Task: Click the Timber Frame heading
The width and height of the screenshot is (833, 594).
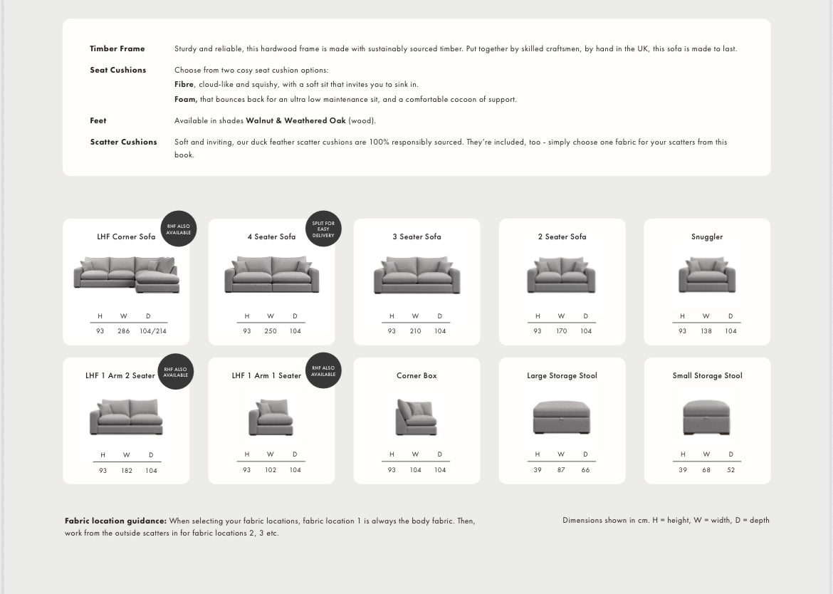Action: coord(117,49)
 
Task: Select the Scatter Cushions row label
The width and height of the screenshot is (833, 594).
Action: coord(123,142)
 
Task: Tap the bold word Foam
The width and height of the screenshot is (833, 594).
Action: coord(185,100)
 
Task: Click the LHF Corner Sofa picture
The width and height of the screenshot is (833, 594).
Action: coord(126,274)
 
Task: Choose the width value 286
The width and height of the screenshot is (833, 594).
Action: coord(123,331)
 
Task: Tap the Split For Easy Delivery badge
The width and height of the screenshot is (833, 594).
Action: coord(323,229)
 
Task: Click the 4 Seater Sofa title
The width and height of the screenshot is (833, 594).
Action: coord(271,237)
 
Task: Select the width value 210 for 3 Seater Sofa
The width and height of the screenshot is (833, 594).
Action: coord(415,331)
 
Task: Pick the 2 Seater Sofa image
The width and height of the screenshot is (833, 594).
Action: coord(562,275)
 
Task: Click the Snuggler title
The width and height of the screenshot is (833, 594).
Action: coord(707,237)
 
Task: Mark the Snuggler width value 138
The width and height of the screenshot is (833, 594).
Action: coord(706,331)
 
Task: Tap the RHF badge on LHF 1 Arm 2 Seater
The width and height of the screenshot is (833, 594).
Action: coord(176,372)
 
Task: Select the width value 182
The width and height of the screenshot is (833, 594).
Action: coord(127,471)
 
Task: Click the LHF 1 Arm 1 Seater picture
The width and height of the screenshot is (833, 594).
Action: coord(271,417)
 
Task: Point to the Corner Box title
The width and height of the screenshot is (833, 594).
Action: coord(416,376)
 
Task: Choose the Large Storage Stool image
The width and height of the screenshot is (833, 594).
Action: coord(562,417)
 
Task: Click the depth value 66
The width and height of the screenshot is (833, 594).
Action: coord(585,470)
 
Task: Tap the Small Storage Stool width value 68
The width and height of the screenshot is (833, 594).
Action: coord(706,470)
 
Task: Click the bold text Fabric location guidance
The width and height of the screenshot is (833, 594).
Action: coord(115,521)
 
